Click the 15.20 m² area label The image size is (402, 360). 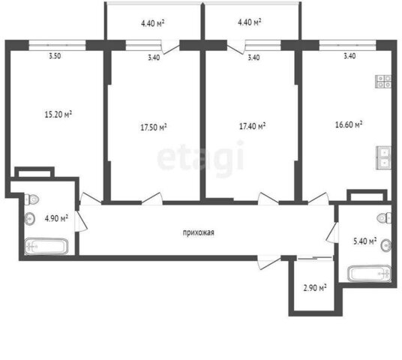[x=58, y=114]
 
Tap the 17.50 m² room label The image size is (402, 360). [x=154, y=127]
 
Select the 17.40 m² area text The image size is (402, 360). [x=252, y=126]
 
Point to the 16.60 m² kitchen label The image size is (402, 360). [x=349, y=124]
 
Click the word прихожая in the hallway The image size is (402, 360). [x=199, y=232]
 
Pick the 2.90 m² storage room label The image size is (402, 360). [x=315, y=288]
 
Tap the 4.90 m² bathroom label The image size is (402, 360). [x=56, y=218]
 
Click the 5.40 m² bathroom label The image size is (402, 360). [x=364, y=241]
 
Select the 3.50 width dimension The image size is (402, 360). [x=55, y=56]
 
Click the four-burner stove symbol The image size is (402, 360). [x=383, y=82]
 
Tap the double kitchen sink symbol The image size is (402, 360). [x=384, y=157]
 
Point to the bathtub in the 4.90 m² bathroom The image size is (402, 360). [x=46, y=246]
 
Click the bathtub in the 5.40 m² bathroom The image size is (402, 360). [x=370, y=274]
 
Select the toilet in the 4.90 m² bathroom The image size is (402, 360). [x=31, y=199]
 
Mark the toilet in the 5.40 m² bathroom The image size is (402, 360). [x=384, y=217]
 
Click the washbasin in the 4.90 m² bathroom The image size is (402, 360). [x=29, y=219]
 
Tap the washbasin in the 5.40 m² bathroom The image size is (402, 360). [x=386, y=245]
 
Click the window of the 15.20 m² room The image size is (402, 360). [x=57, y=45]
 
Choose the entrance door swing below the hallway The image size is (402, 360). [x=269, y=262]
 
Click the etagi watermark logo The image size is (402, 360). [x=200, y=157]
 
